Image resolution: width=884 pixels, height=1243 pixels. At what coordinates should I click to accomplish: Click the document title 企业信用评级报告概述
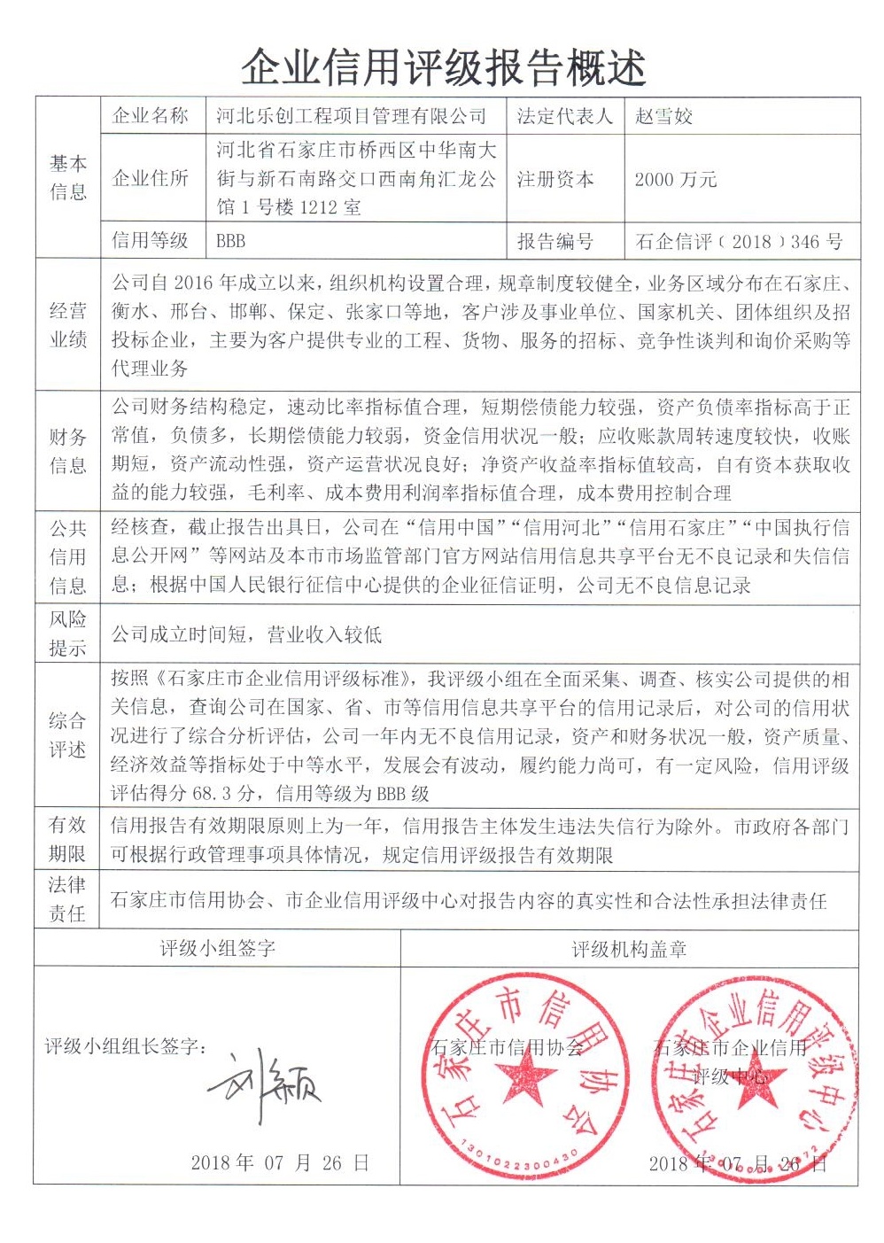coord(444,66)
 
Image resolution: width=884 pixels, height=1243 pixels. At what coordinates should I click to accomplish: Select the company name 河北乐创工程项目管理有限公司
coord(352,116)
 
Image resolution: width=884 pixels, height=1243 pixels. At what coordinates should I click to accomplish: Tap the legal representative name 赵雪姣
coord(664,116)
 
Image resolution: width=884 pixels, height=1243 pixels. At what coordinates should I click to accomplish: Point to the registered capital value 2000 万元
coord(676,180)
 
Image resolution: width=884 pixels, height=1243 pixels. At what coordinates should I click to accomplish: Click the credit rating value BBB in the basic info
coord(231,241)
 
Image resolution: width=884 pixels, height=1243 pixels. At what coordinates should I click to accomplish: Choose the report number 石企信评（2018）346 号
coord(739,241)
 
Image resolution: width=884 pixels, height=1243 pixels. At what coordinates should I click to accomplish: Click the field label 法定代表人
coord(564,116)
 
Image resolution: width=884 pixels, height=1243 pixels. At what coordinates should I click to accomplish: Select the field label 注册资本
coord(555,180)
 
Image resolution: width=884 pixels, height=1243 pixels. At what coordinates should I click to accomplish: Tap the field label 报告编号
coord(555,241)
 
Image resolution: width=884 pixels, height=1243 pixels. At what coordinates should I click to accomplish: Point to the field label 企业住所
coord(151,178)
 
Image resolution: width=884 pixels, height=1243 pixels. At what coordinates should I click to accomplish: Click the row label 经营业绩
coord(68,324)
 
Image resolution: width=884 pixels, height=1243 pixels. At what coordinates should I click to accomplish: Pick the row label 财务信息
coord(68,450)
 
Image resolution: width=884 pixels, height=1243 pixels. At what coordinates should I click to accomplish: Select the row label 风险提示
coord(68,633)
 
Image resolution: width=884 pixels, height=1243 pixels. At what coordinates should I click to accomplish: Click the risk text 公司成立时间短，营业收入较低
coord(246,634)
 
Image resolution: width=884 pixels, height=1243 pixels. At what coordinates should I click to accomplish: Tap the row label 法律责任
coord(67,898)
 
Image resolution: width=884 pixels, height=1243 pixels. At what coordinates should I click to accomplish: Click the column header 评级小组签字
coord(218,949)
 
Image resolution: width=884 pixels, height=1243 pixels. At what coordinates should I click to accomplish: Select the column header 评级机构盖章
coord(629,950)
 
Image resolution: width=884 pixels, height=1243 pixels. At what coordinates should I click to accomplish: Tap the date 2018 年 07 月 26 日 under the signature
coord(280,1163)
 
